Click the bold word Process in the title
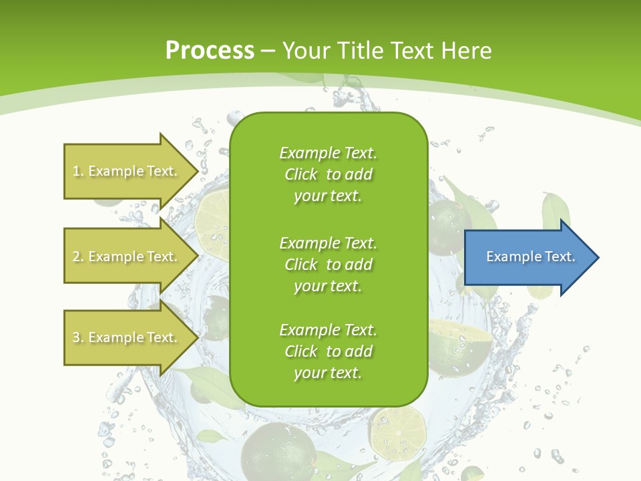[x=210, y=50]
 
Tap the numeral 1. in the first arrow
[x=78, y=171]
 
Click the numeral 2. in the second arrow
[x=78, y=257]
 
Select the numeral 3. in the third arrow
[x=78, y=337]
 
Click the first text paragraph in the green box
[x=328, y=174]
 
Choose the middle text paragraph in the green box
[x=328, y=265]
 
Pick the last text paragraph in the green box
[x=328, y=351]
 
